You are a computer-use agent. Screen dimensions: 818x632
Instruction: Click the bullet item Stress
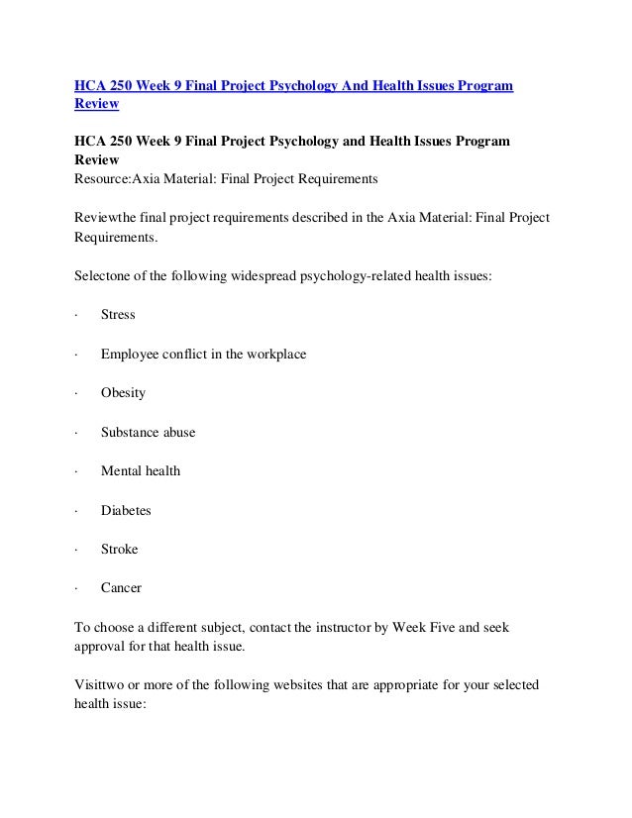(x=118, y=315)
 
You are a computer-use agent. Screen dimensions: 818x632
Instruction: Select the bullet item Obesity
(x=123, y=393)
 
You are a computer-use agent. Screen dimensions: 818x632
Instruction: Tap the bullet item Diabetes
(x=126, y=510)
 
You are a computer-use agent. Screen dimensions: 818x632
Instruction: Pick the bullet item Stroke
(x=119, y=549)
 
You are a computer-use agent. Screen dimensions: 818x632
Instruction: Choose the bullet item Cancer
(x=121, y=588)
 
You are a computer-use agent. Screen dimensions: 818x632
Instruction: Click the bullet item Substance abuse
(x=148, y=432)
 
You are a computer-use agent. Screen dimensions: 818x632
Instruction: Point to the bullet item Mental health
(x=141, y=471)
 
